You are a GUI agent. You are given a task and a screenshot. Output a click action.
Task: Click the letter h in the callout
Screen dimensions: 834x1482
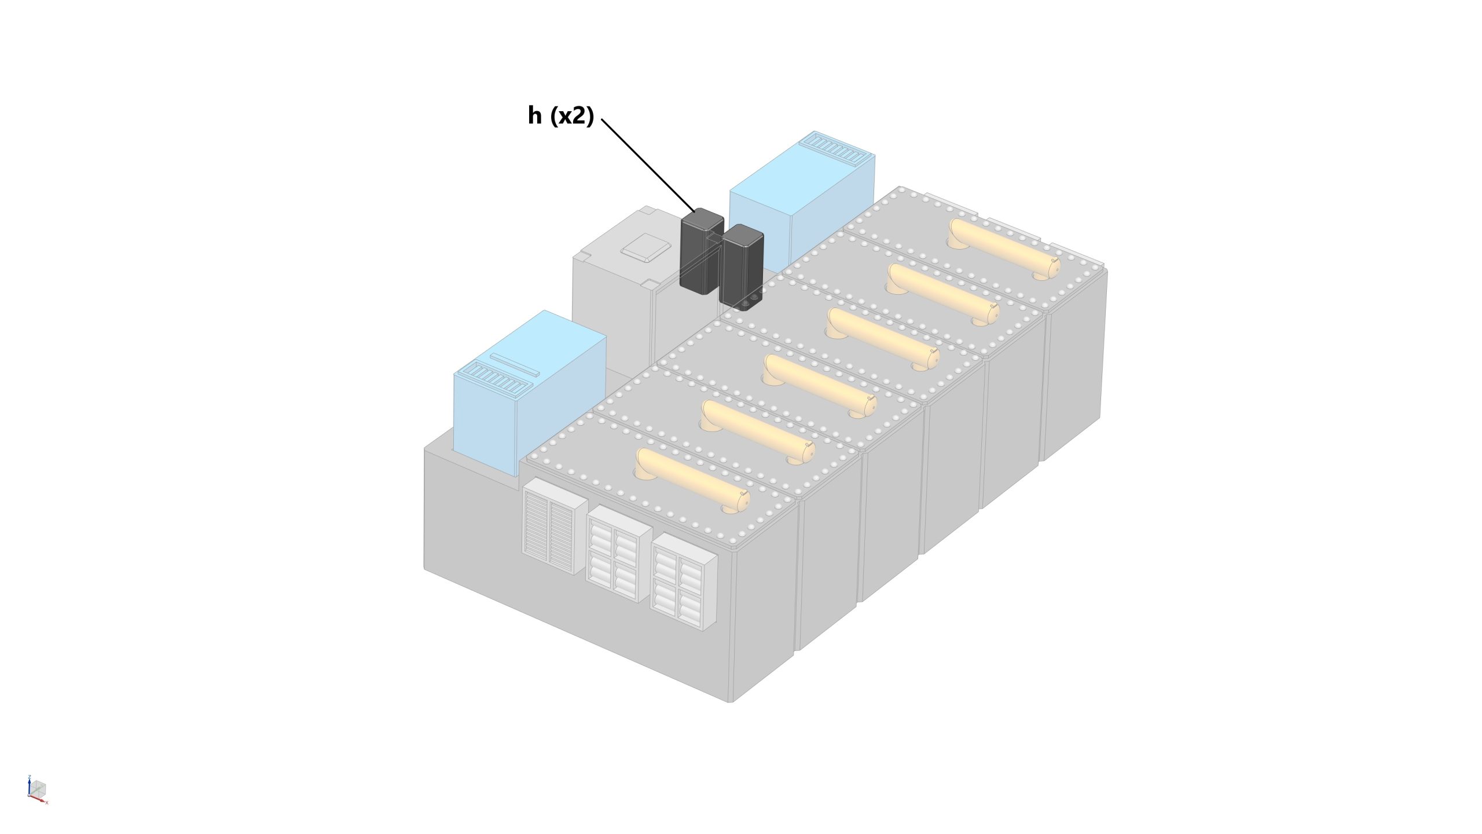click(x=534, y=116)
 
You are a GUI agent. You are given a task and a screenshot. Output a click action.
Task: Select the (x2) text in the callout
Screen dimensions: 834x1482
click(x=571, y=116)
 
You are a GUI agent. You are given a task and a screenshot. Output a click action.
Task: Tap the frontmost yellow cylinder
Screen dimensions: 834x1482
click(x=692, y=480)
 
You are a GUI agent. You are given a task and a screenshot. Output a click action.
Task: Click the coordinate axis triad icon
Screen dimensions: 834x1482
click(x=37, y=789)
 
